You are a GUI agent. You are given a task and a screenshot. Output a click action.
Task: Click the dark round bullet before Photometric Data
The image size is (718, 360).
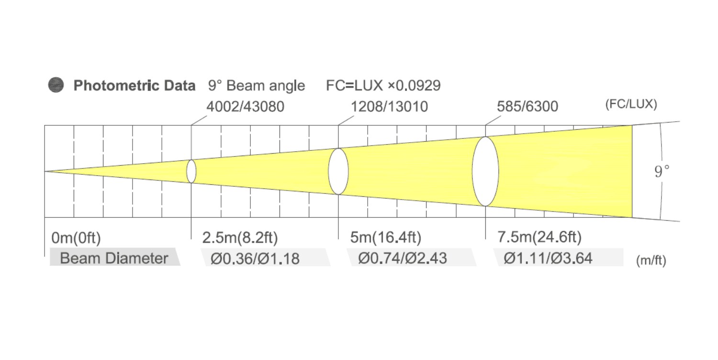(x=56, y=85)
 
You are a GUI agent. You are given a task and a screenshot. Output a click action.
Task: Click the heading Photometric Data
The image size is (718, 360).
(x=135, y=86)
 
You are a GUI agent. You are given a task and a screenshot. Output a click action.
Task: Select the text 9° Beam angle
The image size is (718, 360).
(x=257, y=86)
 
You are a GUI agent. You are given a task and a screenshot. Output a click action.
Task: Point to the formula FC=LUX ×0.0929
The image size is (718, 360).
(x=383, y=86)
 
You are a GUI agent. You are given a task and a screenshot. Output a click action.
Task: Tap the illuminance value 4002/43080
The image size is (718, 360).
(x=245, y=106)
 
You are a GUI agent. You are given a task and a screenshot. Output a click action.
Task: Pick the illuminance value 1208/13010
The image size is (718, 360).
(x=390, y=106)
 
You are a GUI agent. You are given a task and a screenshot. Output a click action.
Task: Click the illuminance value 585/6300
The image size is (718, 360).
(x=527, y=106)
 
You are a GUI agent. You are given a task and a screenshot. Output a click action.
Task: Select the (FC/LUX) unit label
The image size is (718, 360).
(x=631, y=104)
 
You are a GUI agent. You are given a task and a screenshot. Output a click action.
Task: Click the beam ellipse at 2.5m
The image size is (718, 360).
(x=187, y=171)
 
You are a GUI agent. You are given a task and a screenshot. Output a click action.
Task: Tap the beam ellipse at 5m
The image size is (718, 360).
(x=328, y=171)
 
